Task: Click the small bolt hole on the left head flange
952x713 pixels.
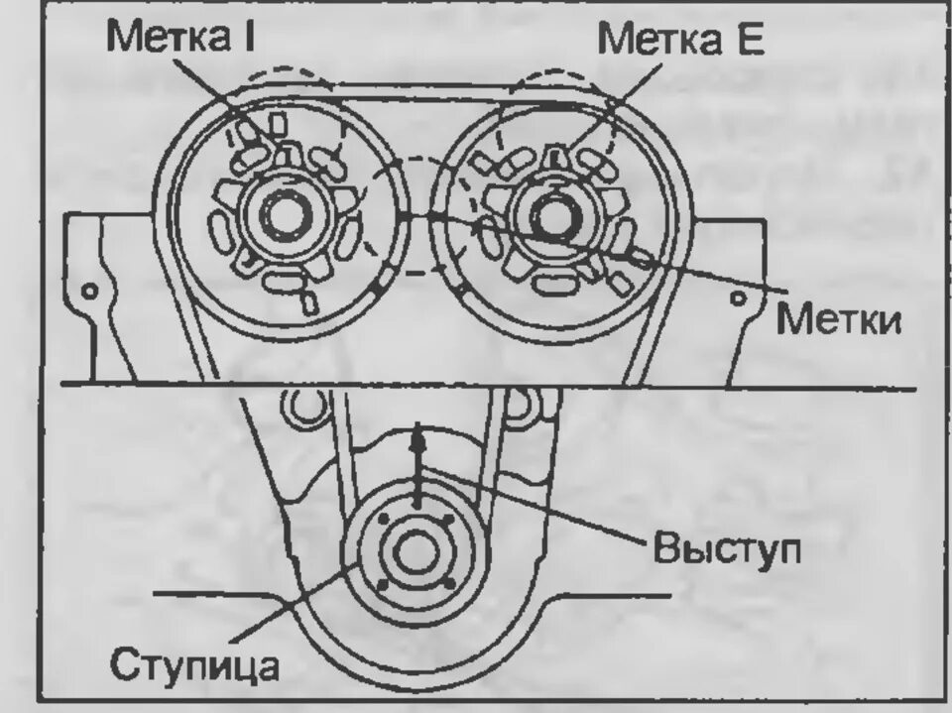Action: point(89,293)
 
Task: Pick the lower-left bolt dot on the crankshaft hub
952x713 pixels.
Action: point(381,587)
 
